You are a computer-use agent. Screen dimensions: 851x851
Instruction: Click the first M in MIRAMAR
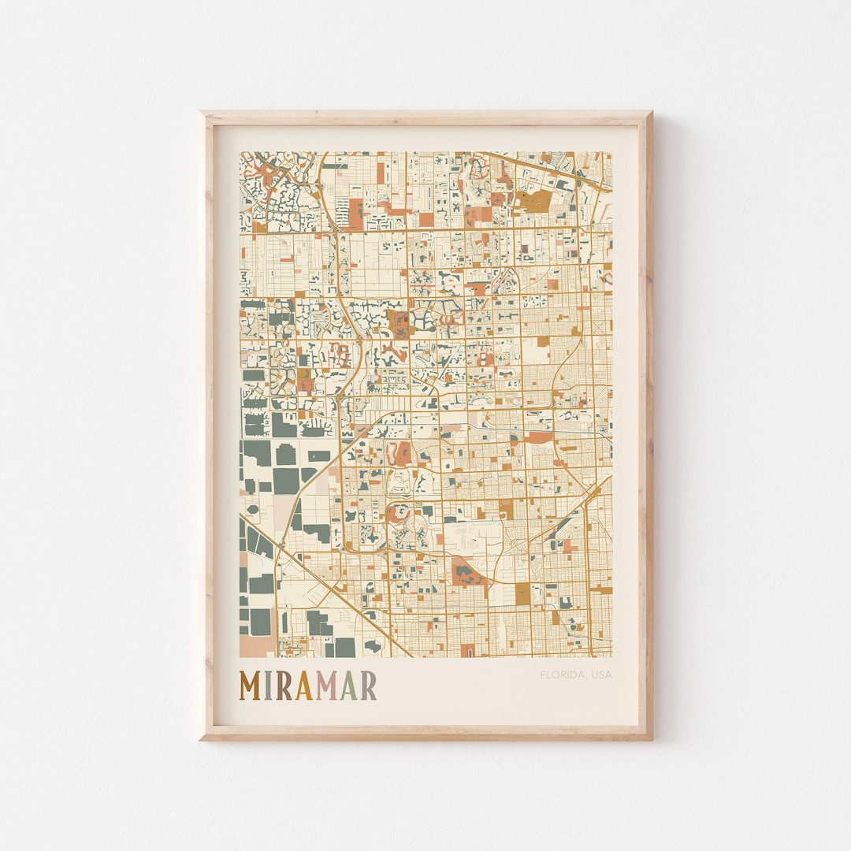click(251, 686)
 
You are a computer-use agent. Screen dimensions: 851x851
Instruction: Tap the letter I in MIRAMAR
click(269, 686)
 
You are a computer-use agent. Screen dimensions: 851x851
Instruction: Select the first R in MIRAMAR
click(283, 686)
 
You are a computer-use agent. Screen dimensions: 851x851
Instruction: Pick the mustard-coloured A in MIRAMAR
click(303, 686)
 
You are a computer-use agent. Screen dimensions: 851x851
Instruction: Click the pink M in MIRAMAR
click(326, 686)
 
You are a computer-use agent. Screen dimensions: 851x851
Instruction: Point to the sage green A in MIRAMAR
click(348, 686)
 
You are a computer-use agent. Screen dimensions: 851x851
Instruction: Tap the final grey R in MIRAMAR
click(368, 686)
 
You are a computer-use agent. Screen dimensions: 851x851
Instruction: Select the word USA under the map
click(601, 674)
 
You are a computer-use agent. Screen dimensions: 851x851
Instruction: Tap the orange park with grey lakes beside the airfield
click(466, 573)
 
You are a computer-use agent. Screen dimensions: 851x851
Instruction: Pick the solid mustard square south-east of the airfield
click(522, 594)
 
